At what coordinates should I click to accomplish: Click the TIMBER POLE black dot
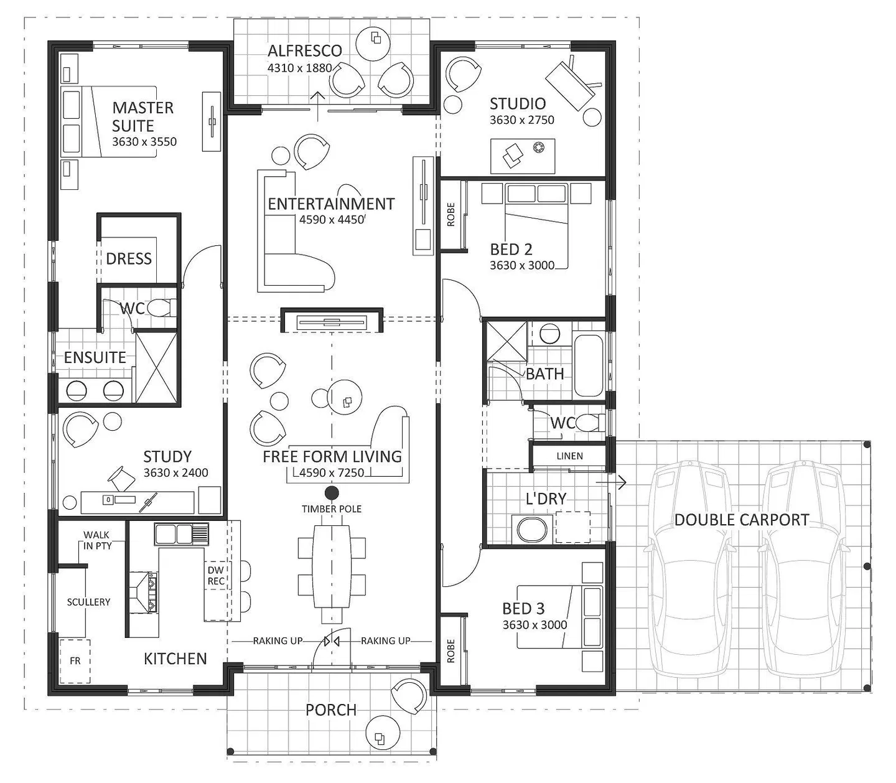[332, 493]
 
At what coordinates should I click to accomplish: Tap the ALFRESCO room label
[304, 51]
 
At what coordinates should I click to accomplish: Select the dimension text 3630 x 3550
[144, 142]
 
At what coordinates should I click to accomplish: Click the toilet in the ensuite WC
[161, 308]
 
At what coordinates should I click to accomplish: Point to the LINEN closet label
[569, 456]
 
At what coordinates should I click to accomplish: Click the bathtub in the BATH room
[589, 365]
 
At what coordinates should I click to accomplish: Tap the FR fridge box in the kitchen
[75, 661]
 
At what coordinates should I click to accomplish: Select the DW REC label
[216, 576]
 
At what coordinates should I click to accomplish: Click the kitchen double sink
[181, 534]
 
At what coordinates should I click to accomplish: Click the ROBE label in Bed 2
[450, 215]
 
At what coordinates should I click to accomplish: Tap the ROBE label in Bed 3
[450, 651]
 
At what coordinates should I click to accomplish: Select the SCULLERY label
[88, 602]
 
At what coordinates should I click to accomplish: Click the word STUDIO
[518, 104]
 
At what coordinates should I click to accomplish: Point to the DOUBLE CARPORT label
[742, 520]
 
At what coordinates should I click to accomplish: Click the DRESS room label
[129, 259]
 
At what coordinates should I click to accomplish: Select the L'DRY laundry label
[546, 499]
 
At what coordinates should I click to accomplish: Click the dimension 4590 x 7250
[332, 472]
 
